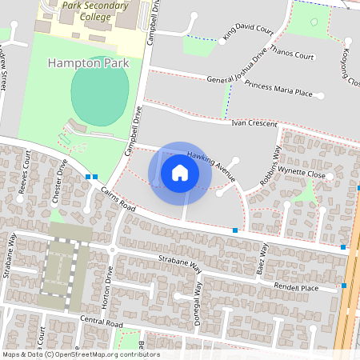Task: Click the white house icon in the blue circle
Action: [180, 172]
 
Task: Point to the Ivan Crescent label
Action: [254, 124]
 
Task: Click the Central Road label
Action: [102, 323]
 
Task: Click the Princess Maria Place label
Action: [278, 93]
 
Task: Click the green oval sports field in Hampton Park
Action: [99, 94]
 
